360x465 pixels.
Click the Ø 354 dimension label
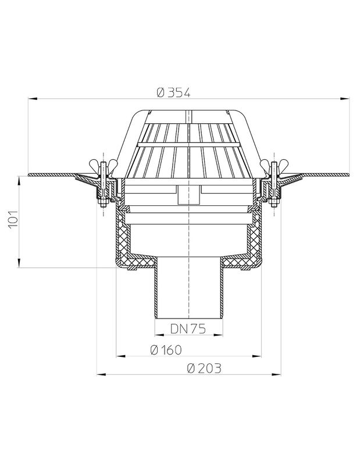pyautogui.click(x=174, y=92)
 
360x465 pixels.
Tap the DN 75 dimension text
pyautogui.click(x=188, y=328)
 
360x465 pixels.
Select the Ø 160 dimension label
pyautogui.click(x=166, y=350)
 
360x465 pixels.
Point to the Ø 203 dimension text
pyautogui.click(x=204, y=369)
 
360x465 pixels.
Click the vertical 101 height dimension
pyautogui.click(x=13, y=219)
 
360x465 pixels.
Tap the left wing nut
pyautogui.click(x=103, y=163)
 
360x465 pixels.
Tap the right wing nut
pyautogui.click(x=274, y=163)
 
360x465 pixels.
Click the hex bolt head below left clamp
pyautogui.click(x=104, y=203)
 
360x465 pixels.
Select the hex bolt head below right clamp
pyautogui.click(x=274, y=203)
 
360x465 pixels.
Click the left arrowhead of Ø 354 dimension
pyautogui.click(x=33, y=98)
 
